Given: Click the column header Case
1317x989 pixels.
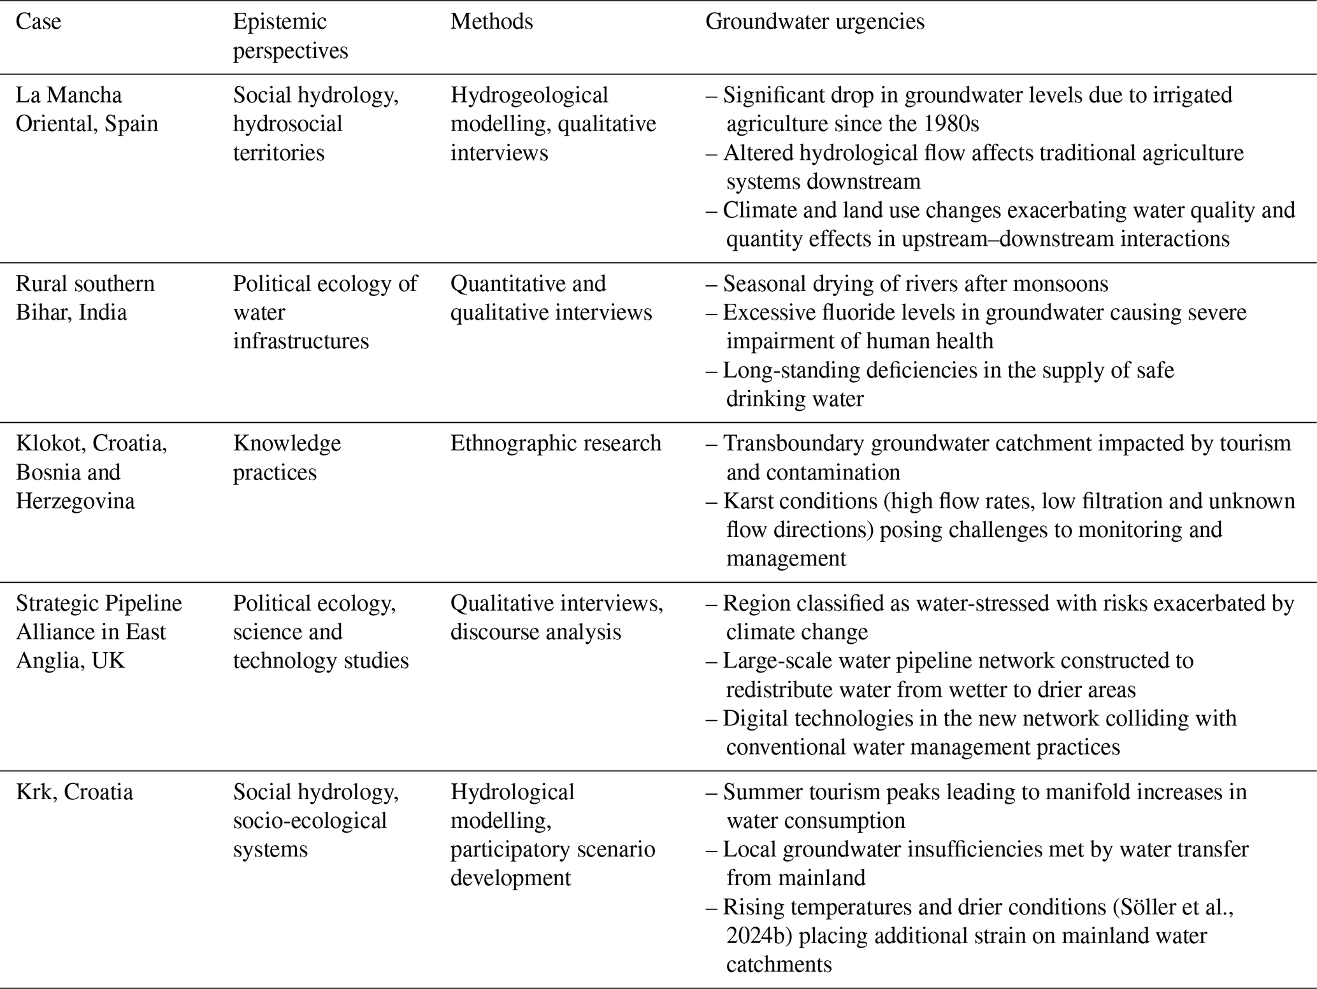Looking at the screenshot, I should [38, 22].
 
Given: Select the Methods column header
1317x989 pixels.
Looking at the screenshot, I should [491, 22].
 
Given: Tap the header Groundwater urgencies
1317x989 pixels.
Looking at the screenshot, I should [814, 22].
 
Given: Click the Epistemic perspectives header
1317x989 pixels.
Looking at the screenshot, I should [290, 36].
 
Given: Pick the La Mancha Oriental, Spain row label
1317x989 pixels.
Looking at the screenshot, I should [87, 109].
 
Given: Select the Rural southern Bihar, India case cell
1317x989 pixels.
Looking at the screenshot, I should [85, 297].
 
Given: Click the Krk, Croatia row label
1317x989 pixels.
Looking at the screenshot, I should [74, 792].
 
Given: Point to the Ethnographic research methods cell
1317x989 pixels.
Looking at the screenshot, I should [556, 443].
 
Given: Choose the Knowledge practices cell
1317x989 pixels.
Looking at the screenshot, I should [287, 457].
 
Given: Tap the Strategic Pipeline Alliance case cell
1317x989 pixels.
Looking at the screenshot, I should [99, 631].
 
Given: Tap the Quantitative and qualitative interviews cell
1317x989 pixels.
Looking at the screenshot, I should [551, 297].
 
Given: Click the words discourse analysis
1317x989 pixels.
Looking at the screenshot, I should [535, 632].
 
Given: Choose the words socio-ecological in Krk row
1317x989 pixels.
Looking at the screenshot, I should [310, 820].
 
